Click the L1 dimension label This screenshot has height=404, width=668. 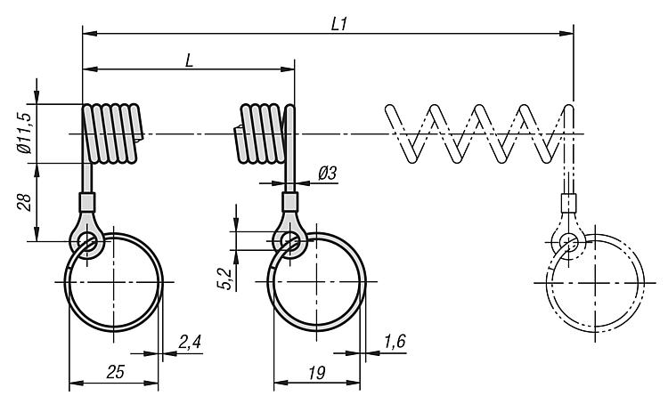338,24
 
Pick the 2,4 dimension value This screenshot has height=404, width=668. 190,342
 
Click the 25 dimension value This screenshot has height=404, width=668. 114,372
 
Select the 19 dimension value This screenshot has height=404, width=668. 317,372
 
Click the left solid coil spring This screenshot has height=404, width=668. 112,133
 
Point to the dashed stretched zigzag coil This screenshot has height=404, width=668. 477,133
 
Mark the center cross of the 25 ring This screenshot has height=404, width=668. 114,281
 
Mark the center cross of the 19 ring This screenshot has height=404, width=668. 317,281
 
